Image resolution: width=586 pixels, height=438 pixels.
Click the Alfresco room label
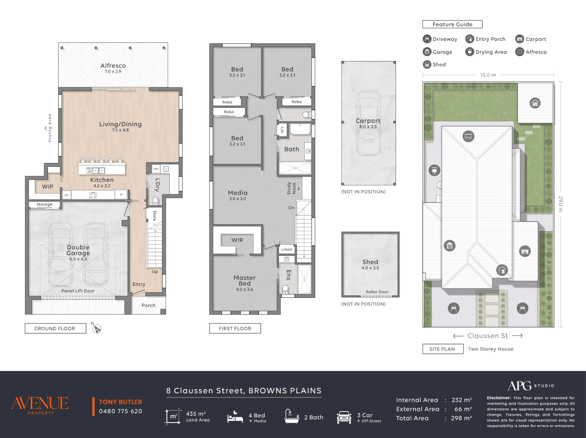click(x=113, y=66)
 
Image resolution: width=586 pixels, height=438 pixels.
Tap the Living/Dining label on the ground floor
click(x=120, y=124)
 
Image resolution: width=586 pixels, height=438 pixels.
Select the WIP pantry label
click(x=47, y=187)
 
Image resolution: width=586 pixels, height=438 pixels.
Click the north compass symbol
click(x=97, y=329)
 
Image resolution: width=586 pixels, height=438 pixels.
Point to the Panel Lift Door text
click(x=78, y=291)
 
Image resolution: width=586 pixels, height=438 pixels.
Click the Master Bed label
click(x=245, y=281)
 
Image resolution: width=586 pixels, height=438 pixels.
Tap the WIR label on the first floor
click(x=237, y=240)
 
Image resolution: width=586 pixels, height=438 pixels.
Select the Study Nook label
click(x=292, y=188)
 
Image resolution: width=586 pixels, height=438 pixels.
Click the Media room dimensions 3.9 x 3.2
click(x=238, y=199)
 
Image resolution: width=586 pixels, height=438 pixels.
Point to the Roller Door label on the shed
click(x=377, y=292)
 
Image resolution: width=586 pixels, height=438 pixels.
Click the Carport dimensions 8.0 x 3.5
click(x=368, y=127)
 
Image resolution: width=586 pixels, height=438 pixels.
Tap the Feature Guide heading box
click(x=452, y=24)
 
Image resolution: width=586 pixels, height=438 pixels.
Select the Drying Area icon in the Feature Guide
click(x=470, y=52)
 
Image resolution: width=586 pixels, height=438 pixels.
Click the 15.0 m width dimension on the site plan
click(x=488, y=75)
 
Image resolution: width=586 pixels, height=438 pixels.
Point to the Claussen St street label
click(x=488, y=336)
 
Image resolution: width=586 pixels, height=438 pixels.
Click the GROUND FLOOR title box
click(x=55, y=328)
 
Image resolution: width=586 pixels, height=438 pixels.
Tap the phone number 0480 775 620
click(x=120, y=411)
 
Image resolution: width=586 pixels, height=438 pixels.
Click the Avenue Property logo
click(x=40, y=405)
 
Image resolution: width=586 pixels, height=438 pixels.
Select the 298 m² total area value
click(x=461, y=418)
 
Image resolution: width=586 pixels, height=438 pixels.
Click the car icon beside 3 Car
click(x=344, y=417)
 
